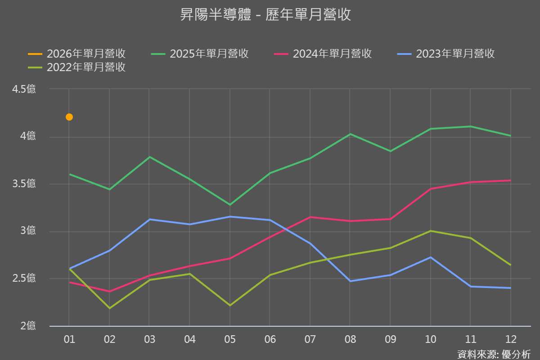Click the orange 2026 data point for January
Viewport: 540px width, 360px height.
(69, 117)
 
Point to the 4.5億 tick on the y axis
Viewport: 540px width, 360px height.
(24, 89)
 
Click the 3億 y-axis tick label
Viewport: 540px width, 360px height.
(28, 231)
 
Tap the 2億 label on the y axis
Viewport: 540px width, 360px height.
(28, 326)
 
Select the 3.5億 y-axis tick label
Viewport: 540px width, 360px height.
(24, 184)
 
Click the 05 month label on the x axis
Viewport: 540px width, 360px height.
(230, 339)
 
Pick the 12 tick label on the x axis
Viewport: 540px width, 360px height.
(511, 339)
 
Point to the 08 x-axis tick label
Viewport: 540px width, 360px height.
(350, 339)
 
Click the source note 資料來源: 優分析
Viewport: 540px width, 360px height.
(494, 354)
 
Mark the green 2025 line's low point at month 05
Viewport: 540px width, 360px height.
(230, 205)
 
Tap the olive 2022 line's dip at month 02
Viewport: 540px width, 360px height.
(109, 308)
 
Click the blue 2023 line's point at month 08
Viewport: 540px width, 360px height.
(350, 281)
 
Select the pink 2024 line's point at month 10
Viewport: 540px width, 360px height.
(431, 189)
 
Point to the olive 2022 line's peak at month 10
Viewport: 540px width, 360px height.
(431, 231)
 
